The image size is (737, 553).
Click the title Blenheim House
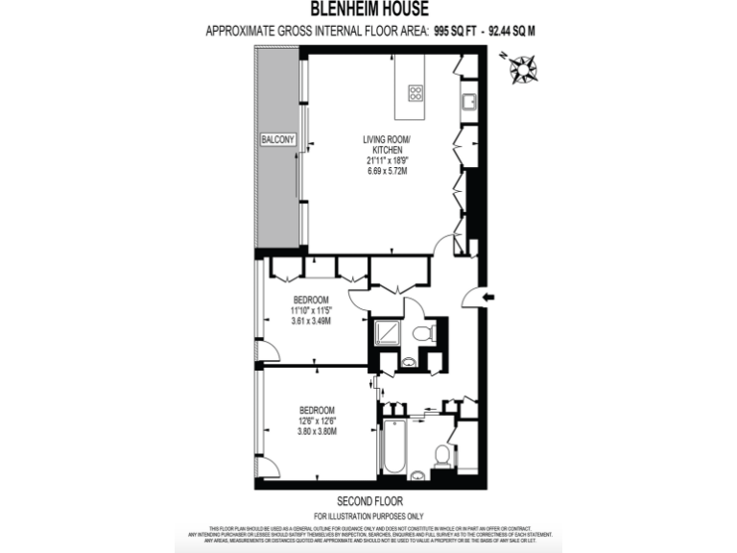[x=368, y=10]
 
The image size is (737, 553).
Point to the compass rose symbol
[x=524, y=68]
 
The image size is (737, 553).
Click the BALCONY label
[x=277, y=140]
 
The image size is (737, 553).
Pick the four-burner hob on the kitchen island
[x=416, y=93]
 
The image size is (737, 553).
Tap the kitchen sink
[x=468, y=99]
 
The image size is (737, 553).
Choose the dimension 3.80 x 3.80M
[x=318, y=431]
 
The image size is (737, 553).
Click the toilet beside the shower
[x=426, y=333]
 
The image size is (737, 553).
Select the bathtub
[x=392, y=447]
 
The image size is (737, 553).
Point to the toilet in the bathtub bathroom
[x=441, y=454]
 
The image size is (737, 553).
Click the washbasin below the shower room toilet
[x=410, y=363]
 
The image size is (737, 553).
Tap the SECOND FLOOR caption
[x=369, y=501]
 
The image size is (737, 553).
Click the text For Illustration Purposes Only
[x=369, y=516]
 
